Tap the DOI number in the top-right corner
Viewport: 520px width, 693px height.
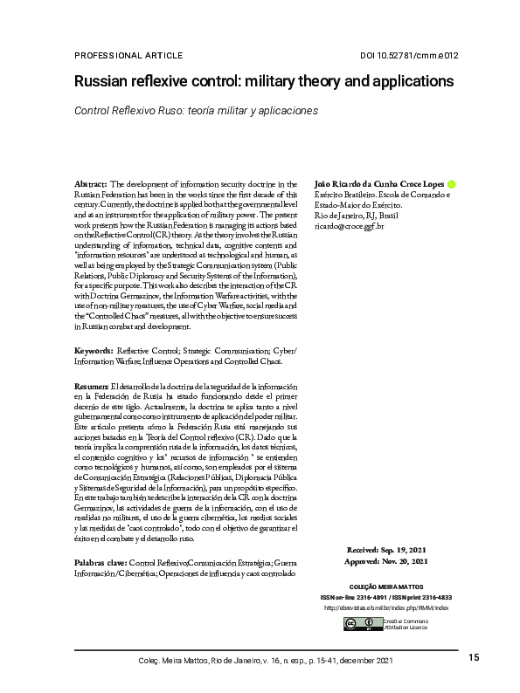[x=409, y=55]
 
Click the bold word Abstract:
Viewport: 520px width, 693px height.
[x=90, y=185]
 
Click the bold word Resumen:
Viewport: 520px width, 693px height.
[x=92, y=386]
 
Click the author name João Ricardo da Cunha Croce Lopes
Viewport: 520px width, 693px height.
[x=378, y=185]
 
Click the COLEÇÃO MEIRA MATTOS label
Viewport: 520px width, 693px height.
[x=399, y=587]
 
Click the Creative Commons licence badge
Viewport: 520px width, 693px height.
[x=351, y=623]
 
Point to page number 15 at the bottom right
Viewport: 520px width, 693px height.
[x=474, y=657]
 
